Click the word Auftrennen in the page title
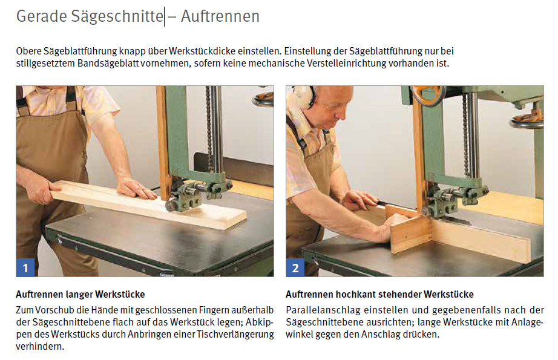tap(220, 16)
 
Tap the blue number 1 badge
tap(25, 267)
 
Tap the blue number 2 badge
tap(295, 267)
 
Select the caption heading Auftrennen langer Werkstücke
tap(80, 295)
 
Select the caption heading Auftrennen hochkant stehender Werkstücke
tap(379, 295)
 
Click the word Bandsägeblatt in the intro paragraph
tap(108, 64)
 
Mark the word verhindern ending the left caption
tap(40, 347)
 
